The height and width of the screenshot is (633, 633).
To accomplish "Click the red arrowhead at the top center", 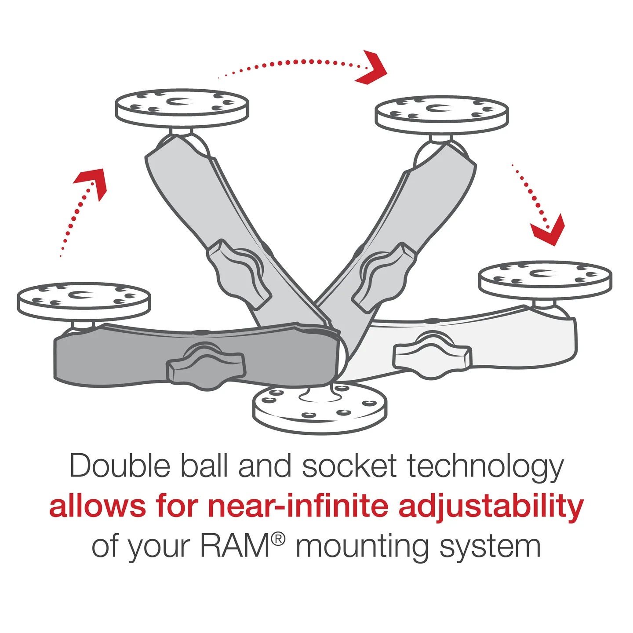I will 373,68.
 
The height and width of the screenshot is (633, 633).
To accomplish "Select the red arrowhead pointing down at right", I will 549,229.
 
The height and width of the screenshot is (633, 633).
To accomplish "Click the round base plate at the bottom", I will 320,409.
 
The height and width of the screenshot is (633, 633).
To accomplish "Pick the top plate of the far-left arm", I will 84,301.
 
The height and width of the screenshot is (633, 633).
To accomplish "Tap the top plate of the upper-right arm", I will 442,114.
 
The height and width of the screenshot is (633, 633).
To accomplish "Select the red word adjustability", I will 491,507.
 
